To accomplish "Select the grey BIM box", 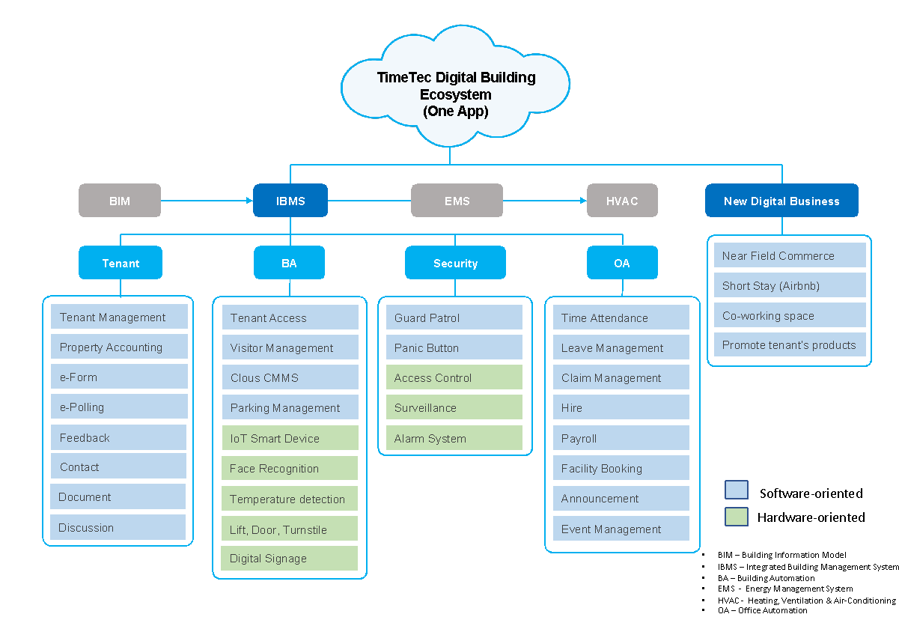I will [x=120, y=201].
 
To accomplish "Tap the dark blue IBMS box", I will [x=290, y=201].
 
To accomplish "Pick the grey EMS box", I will [x=457, y=201].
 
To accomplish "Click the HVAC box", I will [x=622, y=201].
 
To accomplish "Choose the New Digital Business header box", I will [x=781, y=201].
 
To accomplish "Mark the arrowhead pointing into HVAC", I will [x=582, y=201].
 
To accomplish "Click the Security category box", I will [x=455, y=263].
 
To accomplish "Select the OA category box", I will [x=622, y=263].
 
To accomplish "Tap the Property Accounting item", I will [x=119, y=347].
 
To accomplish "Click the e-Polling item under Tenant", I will [x=119, y=407].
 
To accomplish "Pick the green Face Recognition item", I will [x=290, y=469].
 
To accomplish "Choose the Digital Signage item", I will [x=290, y=559].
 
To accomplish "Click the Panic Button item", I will [x=454, y=348].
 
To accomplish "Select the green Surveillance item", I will [x=454, y=408].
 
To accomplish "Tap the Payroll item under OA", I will [x=621, y=439].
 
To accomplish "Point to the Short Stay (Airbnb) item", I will [x=790, y=285].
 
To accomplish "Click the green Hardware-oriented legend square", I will [x=737, y=517].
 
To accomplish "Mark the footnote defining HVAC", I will [x=805, y=601].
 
